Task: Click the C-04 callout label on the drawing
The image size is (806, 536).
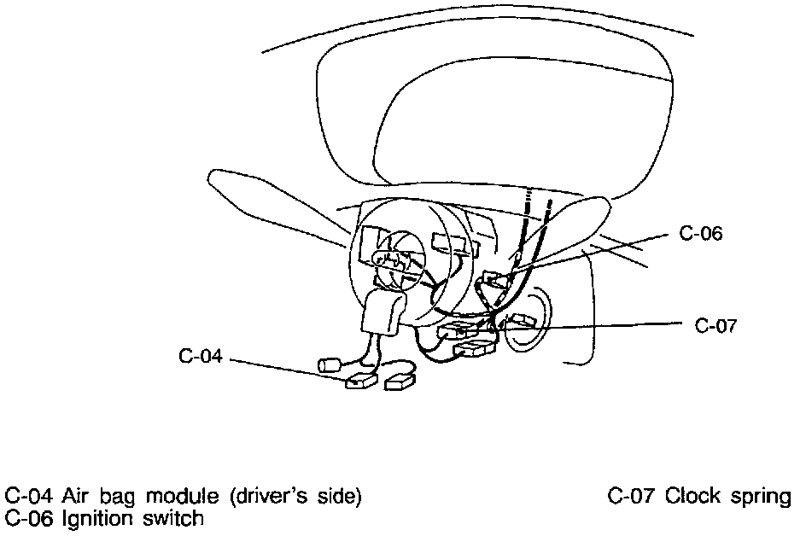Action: tap(201, 357)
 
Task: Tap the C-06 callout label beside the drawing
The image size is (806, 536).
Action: tap(700, 233)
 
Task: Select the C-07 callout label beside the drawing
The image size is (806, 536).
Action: tap(715, 325)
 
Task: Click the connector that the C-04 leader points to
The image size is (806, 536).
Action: tap(358, 382)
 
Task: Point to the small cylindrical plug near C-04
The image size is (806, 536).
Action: tap(329, 366)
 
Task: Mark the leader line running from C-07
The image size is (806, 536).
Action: tap(598, 324)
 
